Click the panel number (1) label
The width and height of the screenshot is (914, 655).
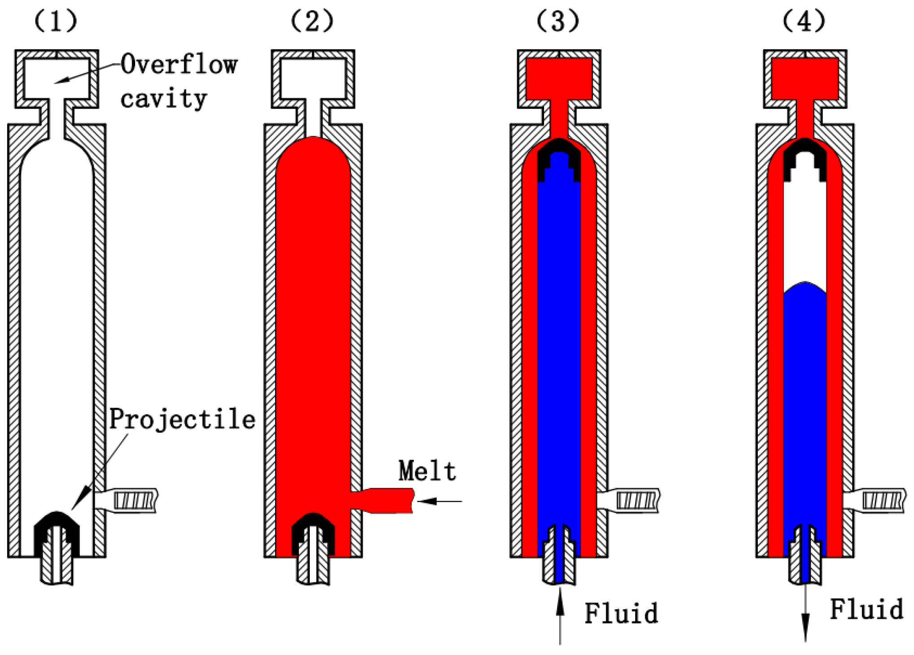56,21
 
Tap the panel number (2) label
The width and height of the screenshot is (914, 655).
312,21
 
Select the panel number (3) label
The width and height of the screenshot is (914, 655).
558,21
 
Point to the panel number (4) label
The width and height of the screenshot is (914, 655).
804,21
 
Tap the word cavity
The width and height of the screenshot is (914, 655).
163,98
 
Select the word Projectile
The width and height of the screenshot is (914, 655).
182,419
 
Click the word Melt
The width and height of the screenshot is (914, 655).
427,471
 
